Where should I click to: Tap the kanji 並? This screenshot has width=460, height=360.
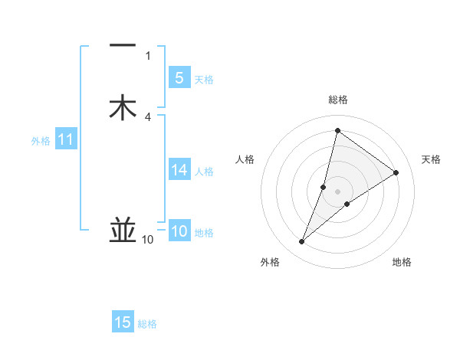(123, 230)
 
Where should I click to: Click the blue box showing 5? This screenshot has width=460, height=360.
(179, 77)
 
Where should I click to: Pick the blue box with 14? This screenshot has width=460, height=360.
(179, 170)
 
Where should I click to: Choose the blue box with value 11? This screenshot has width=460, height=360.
(66, 139)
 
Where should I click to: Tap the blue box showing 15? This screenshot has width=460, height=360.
(123, 322)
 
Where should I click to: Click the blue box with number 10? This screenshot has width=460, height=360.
(179, 232)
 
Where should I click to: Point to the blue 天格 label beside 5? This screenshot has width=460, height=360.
(204, 79)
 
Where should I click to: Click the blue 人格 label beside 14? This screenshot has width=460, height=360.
(204, 172)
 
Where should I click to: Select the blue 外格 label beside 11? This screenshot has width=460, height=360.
(41, 141)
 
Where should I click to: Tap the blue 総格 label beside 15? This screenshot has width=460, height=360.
(147, 324)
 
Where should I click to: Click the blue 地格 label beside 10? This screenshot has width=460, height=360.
(204, 234)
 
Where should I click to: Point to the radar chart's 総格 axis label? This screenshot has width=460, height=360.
(337, 100)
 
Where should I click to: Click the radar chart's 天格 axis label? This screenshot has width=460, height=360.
(431, 159)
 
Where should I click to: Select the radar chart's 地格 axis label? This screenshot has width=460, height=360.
(402, 262)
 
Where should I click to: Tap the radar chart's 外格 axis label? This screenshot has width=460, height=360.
(270, 262)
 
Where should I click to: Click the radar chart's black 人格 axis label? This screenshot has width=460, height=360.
(245, 159)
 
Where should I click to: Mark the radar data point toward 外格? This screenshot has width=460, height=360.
(301, 242)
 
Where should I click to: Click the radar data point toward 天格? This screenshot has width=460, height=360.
(396, 172)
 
